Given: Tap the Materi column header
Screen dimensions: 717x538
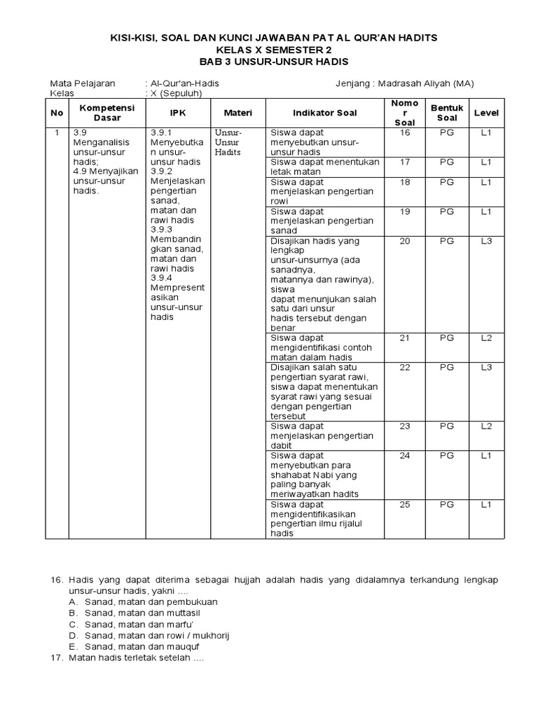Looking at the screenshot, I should click(237, 113).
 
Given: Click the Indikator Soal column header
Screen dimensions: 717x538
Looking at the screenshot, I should click(324, 113).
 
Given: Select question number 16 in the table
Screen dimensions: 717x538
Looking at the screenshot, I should click(405, 132).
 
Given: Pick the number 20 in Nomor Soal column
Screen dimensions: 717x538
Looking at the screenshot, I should click(405, 241).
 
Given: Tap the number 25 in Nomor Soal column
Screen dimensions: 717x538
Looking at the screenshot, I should click(405, 504).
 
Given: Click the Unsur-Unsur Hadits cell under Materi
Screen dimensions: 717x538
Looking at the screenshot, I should click(228, 141).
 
